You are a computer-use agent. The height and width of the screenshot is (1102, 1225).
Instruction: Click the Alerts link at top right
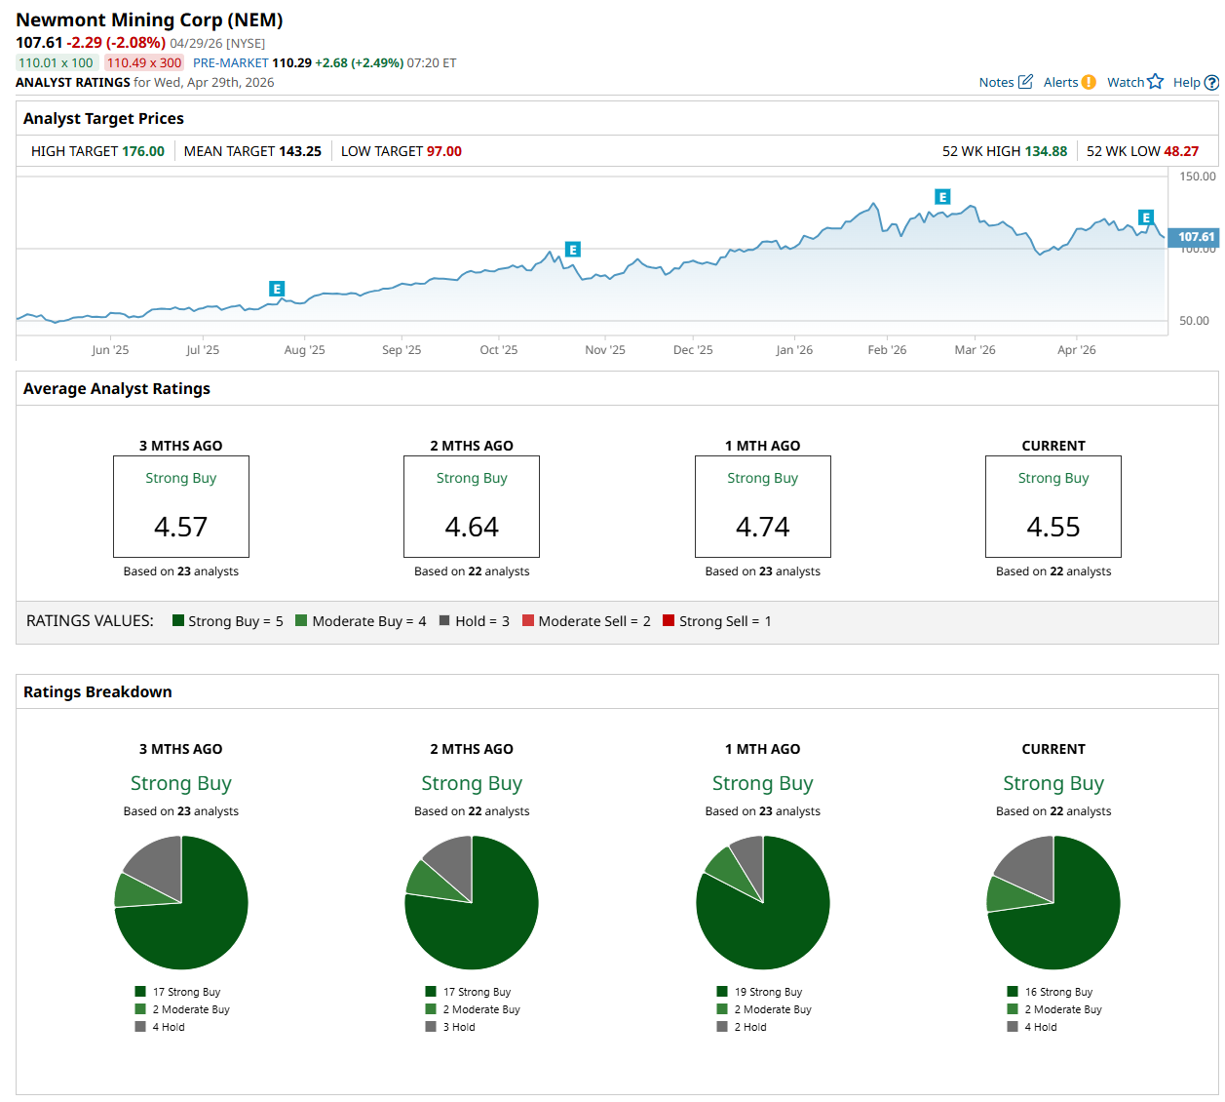pos(1060,83)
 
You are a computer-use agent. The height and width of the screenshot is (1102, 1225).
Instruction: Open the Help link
pos(1186,83)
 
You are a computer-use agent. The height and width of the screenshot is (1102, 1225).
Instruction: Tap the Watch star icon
pos(1155,82)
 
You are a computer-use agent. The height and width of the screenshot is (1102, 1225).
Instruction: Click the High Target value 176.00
pos(143,151)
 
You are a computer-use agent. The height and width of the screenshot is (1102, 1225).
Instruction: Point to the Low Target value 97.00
pos(443,151)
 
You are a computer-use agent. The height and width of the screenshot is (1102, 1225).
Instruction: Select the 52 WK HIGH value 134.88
pos(1046,151)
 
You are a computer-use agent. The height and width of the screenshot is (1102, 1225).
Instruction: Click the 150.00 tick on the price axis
pos(1198,177)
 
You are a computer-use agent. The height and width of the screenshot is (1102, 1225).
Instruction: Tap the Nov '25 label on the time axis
pos(604,350)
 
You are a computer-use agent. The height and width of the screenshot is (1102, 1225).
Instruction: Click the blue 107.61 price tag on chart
pos(1196,237)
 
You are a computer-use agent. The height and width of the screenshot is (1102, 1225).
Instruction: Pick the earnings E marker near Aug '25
pos(277,289)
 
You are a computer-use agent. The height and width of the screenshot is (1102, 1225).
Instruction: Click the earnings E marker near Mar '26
pos(942,197)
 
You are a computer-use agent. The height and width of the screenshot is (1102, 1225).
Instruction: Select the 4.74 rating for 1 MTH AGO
pos(762,528)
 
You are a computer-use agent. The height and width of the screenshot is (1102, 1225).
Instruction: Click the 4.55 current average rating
pos(1053,528)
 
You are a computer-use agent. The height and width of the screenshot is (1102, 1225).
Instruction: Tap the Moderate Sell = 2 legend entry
pos(586,621)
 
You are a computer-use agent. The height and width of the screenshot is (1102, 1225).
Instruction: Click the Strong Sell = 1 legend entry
pos(716,621)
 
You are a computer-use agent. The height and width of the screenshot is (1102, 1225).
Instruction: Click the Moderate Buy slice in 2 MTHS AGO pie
pos(425,879)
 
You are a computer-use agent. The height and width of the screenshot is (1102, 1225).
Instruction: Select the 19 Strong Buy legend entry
pos(768,992)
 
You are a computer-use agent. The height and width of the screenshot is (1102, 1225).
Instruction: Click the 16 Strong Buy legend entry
pos(1058,992)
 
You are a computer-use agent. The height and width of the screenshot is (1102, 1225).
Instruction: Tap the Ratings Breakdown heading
pos(97,692)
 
